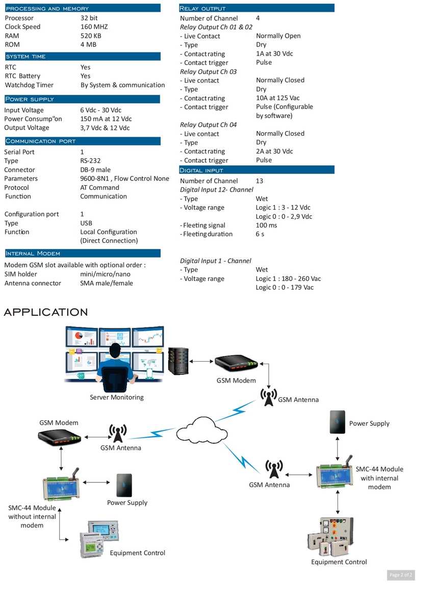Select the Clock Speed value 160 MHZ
pos(94,27)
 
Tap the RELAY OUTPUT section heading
pos(202,9)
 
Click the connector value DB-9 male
pos(95,170)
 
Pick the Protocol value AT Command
pos(99,187)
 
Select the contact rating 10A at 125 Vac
pos(277,98)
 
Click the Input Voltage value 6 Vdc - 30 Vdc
pos(100,110)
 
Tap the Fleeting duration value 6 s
pos(260,234)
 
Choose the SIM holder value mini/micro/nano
pos(105,274)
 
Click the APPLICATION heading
pos(46,312)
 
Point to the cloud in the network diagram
pos(202,429)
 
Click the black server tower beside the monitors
pos(178,361)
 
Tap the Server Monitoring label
pos(117,397)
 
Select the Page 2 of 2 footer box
pos(400,575)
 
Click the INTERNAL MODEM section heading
pos(33,253)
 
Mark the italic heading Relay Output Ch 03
pos(208,71)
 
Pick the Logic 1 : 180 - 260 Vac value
pos(288,278)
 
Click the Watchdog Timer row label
pos(29,85)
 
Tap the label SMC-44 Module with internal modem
pos(379,478)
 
